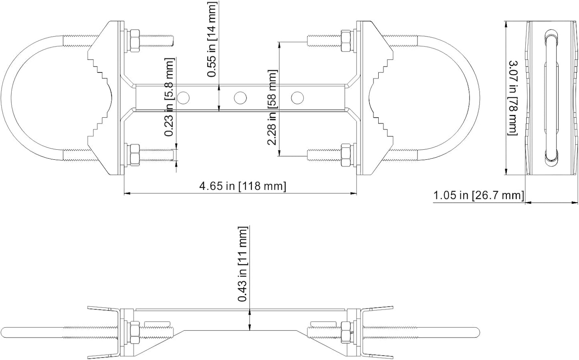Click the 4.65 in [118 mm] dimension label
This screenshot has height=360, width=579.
point(243,186)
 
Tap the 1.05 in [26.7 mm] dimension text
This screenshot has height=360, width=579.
point(478,195)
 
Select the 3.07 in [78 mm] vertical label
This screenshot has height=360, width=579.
point(513,98)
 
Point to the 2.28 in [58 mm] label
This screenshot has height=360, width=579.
point(272,107)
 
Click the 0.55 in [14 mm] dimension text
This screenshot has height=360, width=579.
point(212,39)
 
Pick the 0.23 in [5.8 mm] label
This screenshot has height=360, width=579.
point(169,97)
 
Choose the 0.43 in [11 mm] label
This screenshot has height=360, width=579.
point(243,264)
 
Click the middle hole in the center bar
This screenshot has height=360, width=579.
point(240,98)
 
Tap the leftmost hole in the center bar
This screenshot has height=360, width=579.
point(183,98)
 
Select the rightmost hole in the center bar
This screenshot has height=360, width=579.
point(297,98)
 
